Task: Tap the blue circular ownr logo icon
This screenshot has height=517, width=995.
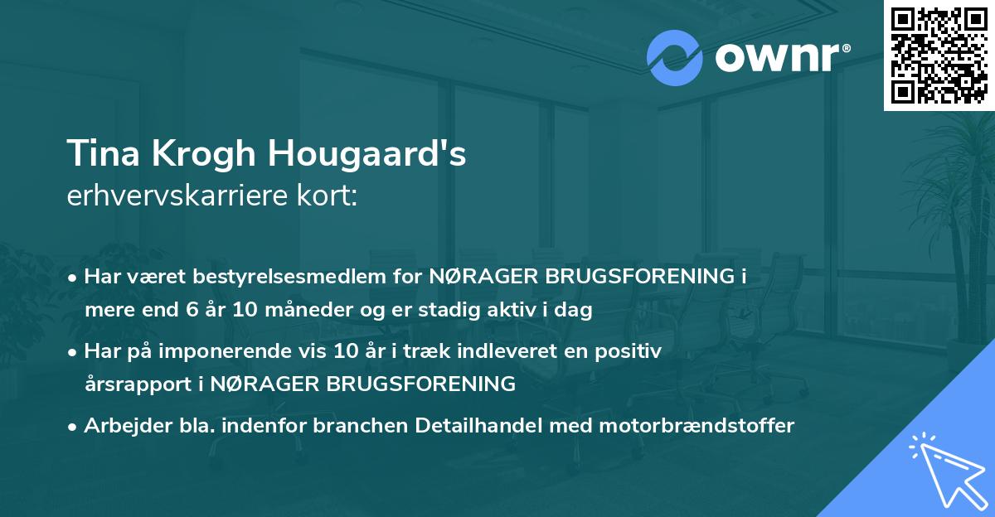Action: point(676,57)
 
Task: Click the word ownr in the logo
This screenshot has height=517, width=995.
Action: point(775,58)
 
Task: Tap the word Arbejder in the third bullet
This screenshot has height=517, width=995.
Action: point(120,426)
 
